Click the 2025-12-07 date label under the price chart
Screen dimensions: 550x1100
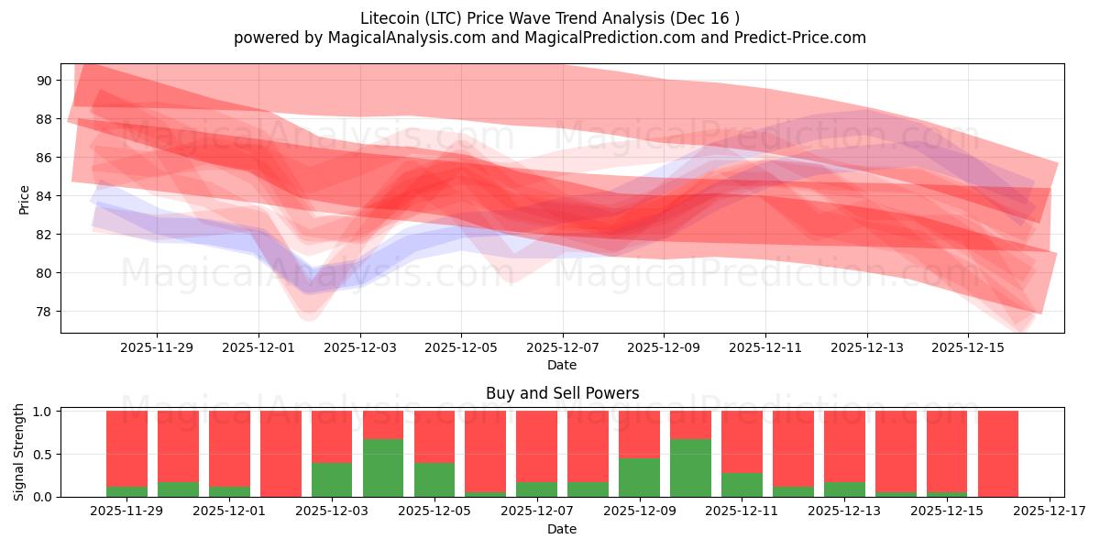(562, 347)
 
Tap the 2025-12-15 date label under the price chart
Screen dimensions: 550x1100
(968, 347)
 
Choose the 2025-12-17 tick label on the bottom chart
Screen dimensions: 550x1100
(1048, 511)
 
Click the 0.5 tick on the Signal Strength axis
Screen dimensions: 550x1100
(43, 455)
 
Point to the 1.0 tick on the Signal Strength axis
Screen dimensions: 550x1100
(43, 412)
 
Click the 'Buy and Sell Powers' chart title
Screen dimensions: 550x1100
(562, 393)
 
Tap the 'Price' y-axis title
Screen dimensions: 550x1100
(25, 200)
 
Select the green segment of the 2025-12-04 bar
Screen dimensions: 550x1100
(383, 468)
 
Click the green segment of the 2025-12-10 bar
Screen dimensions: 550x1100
(690, 468)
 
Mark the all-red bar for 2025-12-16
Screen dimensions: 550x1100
(997, 454)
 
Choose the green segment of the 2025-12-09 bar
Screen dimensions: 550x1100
(639, 478)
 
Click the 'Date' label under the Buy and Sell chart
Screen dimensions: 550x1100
(562, 529)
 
